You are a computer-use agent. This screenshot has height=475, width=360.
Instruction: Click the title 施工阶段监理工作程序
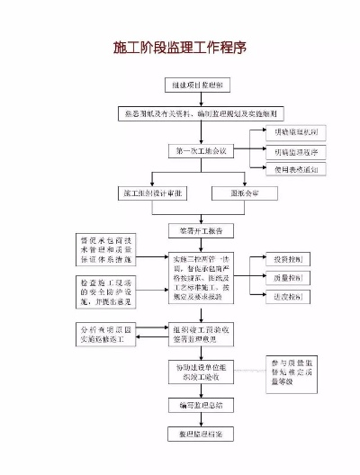point(179,47)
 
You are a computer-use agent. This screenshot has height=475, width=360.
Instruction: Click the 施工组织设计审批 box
point(152,193)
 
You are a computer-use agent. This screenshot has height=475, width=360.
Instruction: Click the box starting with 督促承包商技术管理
point(109,253)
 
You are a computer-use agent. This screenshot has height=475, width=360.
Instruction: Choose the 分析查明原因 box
point(109,336)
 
